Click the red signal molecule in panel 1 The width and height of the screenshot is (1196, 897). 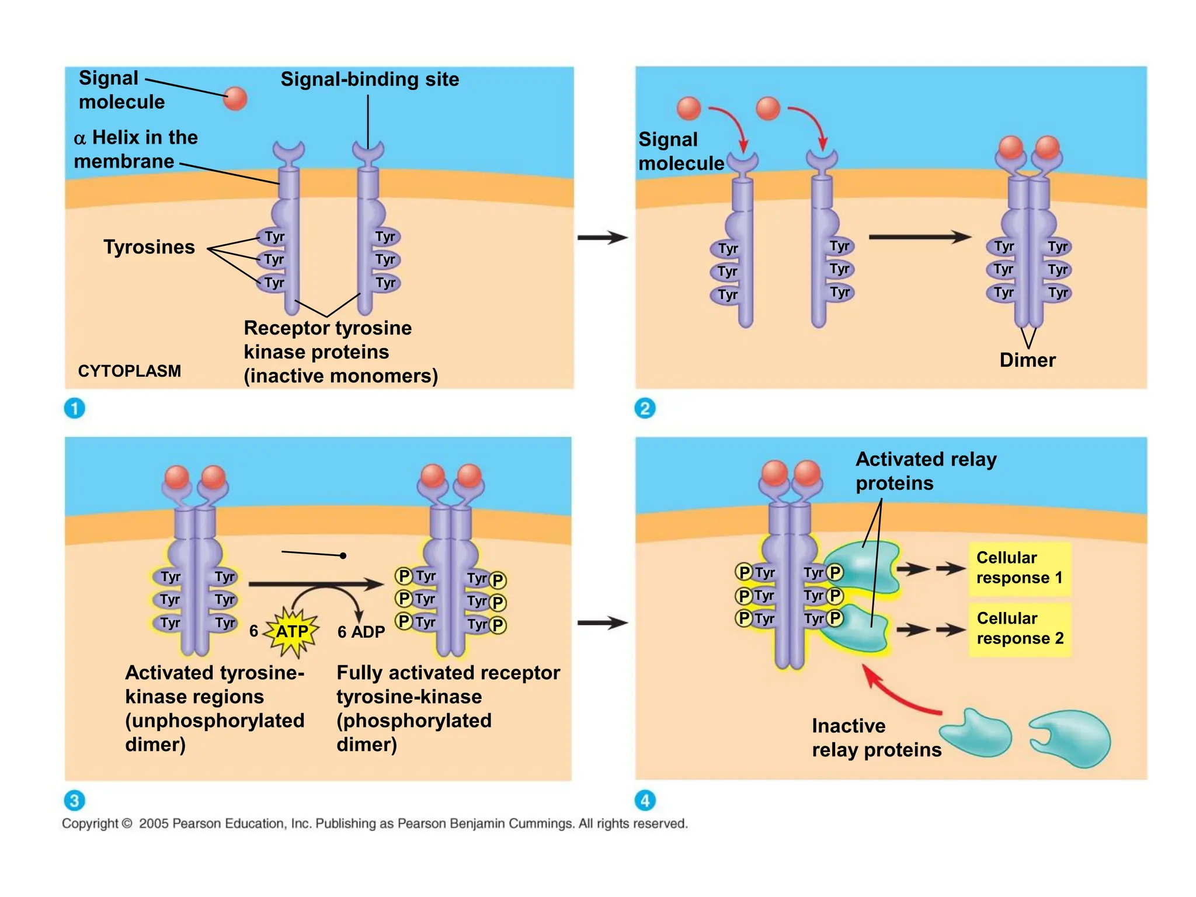click(x=235, y=98)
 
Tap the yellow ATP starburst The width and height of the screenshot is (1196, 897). click(x=291, y=631)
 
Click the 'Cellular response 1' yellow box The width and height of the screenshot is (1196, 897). click(x=1019, y=568)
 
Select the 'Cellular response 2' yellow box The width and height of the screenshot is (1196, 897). click(x=1020, y=629)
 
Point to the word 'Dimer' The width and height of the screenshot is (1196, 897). click(x=1027, y=360)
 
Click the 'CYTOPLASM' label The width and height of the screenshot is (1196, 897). click(x=129, y=371)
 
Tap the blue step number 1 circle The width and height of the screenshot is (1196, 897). click(x=74, y=408)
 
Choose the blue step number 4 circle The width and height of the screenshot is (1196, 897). click(x=645, y=800)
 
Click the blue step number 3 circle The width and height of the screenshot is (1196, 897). click(x=74, y=800)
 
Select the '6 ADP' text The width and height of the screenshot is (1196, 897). click(x=361, y=632)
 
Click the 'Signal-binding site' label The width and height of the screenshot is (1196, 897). click(x=370, y=79)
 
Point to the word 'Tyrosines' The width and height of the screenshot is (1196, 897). click(x=149, y=247)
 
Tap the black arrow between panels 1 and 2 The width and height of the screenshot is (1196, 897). click(x=602, y=238)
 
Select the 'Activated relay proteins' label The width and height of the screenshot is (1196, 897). click(x=925, y=471)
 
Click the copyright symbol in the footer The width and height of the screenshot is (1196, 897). click(x=127, y=824)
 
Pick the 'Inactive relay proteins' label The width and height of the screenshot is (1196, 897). click(x=876, y=738)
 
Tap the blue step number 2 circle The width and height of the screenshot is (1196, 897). click(x=645, y=408)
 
